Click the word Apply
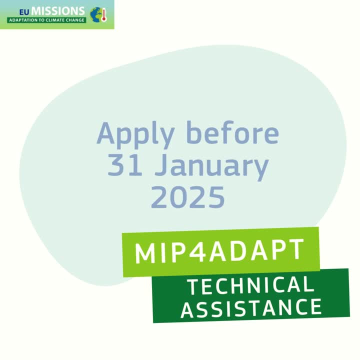pos(135,135)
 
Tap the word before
pos(233,132)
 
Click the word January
pos(211,167)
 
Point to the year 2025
pos(187,197)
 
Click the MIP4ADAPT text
pos(219,251)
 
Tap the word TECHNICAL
pos(250,285)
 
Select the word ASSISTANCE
pos(251,308)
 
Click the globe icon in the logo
pos(96,14)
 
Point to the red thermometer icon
pos(104,15)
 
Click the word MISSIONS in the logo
pos(58,11)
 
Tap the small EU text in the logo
pos(24,12)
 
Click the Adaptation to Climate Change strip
pos(46,20)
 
